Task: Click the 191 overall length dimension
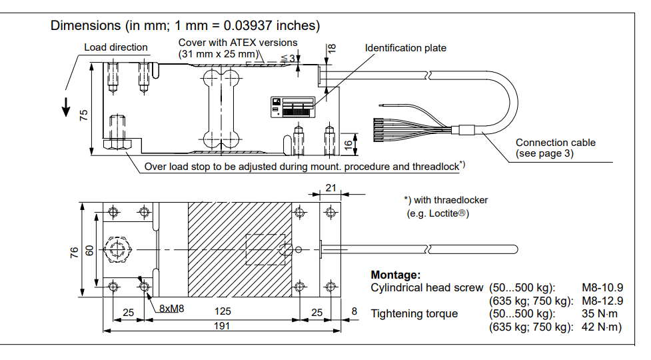(x=222, y=326)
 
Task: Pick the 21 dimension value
(x=331, y=189)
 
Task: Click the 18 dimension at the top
(x=332, y=48)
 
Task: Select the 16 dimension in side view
(x=348, y=144)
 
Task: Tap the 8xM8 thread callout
(x=171, y=309)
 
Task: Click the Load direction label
(x=116, y=47)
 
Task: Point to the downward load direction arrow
(x=66, y=107)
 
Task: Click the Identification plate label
(x=405, y=48)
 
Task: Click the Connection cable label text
(x=556, y=143)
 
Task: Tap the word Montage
(x=395, y=275)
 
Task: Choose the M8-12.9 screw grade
(x=602, y=301)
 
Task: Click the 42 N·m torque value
(x=601, y=327)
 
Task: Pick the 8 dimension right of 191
(x=354, y=312)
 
